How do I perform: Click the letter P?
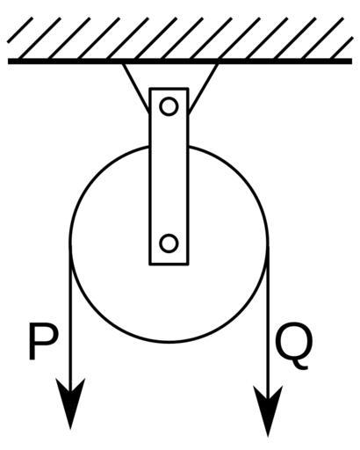click(x=42, y=341)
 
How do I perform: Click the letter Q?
click(x=293, y=345)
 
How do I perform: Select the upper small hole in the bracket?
click(x=169, y=106)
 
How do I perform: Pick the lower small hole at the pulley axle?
click(x=169, y=243)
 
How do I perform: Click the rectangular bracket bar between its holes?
click(x=169, y=176)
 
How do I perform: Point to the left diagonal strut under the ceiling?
click(x=136, y=87)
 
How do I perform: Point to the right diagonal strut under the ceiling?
click(x=204, y=87)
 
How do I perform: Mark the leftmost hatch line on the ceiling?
click(x=20, y=30)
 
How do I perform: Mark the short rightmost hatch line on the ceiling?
click(x=342, y=48)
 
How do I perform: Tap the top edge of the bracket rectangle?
click(x=169, y=89)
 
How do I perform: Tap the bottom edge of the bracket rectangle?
click(x=169, y=265)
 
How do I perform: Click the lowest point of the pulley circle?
click(x=169, y=342)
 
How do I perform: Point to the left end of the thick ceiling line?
click(x=8, y=62)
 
